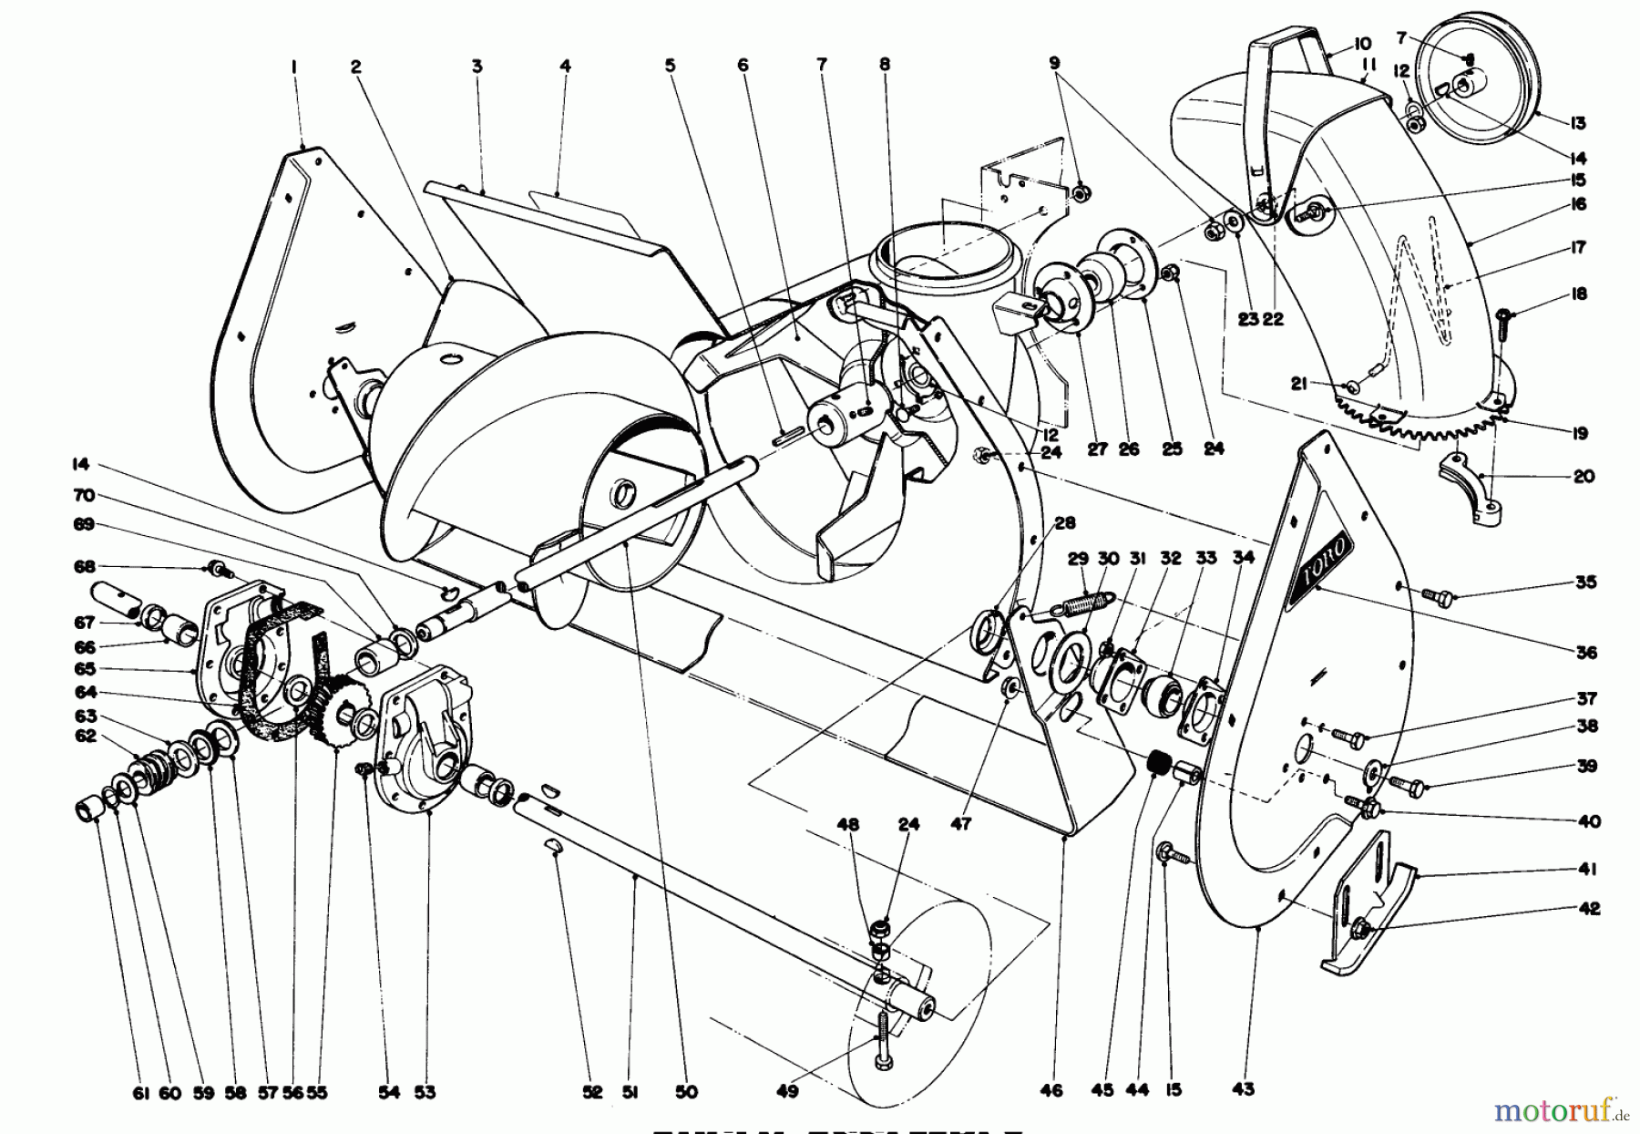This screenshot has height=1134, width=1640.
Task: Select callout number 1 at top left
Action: [294, 66]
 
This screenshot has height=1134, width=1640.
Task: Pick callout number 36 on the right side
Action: [1586, 653]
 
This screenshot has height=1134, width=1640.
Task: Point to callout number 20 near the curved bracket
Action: [1584, 476]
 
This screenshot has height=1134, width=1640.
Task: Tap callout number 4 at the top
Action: [565, 66]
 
